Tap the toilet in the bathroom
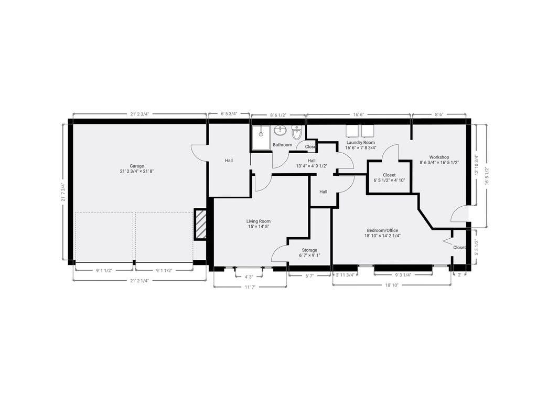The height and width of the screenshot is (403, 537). coord(297,133)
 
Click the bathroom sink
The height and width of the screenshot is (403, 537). coord(281,130)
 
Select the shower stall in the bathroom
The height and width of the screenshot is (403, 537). coord(261,138)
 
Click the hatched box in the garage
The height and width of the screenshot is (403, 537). coord(200,224)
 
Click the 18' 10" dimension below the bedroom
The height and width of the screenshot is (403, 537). coord(392,285)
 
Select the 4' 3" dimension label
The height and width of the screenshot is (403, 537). coord(249,277)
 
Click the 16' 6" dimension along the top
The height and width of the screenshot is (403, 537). coord(358,114)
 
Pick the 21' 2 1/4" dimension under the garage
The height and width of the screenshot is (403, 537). coord(139,280)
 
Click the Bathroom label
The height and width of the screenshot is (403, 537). coord(283,145)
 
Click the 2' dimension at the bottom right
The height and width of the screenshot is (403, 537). coord(459,274)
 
